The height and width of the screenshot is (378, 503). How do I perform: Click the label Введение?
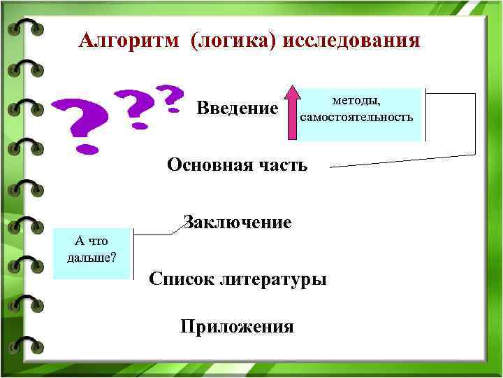238,109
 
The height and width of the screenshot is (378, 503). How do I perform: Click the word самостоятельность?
357,116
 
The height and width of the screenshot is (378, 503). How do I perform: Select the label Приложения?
237,327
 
